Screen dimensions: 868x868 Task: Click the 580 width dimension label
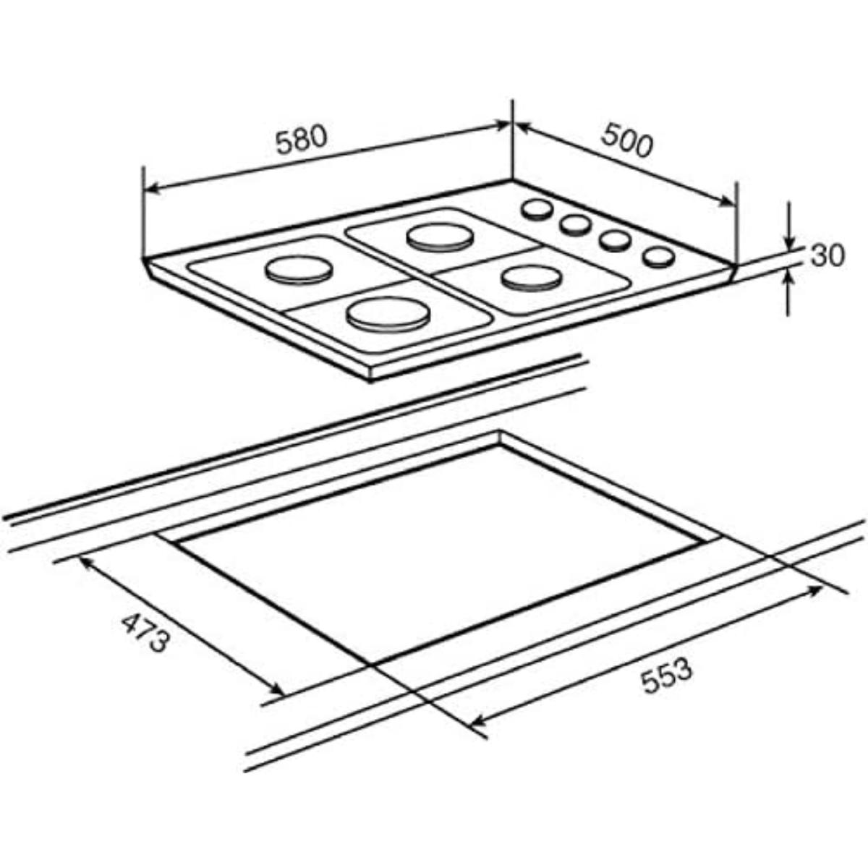click(300, 139)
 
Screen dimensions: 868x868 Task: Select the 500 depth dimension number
click(627, 140)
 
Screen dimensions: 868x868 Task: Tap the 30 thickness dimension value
click(827, 256)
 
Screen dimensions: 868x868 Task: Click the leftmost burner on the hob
click(299, 271)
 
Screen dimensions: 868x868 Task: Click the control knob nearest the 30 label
click(659, 258)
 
